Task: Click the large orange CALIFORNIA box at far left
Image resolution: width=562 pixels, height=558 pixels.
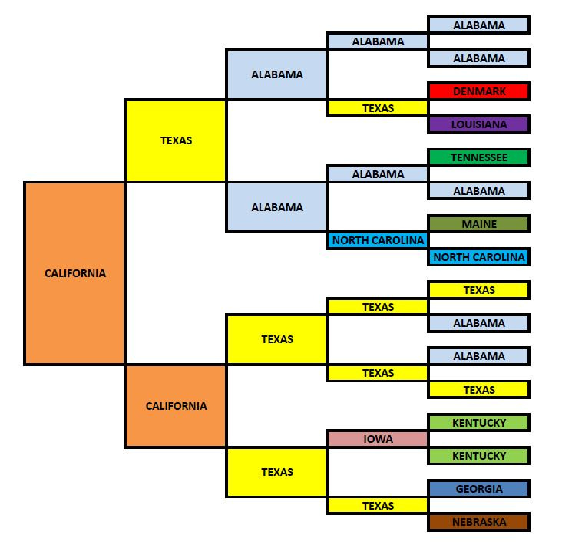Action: (74, 272)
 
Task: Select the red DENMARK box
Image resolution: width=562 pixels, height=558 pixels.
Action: (479, 91)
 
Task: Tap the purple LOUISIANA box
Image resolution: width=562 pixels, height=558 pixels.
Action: (479, 124)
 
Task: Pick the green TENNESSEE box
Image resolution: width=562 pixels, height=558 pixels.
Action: (479, 158)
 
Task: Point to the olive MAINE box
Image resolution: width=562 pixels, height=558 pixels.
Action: (479, 224)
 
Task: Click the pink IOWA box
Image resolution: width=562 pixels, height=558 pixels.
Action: (378, 440)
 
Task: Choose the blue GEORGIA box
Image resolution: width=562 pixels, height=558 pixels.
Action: (479, 489)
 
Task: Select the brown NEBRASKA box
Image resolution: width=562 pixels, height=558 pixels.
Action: (479, 522)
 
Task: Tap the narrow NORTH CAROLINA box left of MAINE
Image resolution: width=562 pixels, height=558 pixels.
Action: (378, 240)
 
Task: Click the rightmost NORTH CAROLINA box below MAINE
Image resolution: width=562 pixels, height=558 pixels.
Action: (479, 257)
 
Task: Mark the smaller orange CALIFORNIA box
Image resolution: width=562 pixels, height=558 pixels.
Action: (176, 406)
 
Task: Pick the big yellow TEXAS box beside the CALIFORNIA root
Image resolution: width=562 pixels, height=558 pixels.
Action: (176, 140)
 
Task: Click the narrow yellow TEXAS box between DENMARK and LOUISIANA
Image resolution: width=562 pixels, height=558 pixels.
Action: (378, 108)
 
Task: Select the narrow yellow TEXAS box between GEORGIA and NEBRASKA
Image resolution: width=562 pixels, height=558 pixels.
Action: (378, 506)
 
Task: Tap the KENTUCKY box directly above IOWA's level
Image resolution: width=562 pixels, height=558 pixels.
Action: (479, 423)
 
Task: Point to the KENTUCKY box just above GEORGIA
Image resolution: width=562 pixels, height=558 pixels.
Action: (479, 456)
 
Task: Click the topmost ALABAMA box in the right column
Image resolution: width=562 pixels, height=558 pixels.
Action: (479, 25)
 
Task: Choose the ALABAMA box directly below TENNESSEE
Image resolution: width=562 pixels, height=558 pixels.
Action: (479, 191)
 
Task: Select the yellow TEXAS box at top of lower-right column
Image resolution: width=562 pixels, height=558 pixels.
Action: (479, 290)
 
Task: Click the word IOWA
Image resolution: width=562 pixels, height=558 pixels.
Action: (378, 440)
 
